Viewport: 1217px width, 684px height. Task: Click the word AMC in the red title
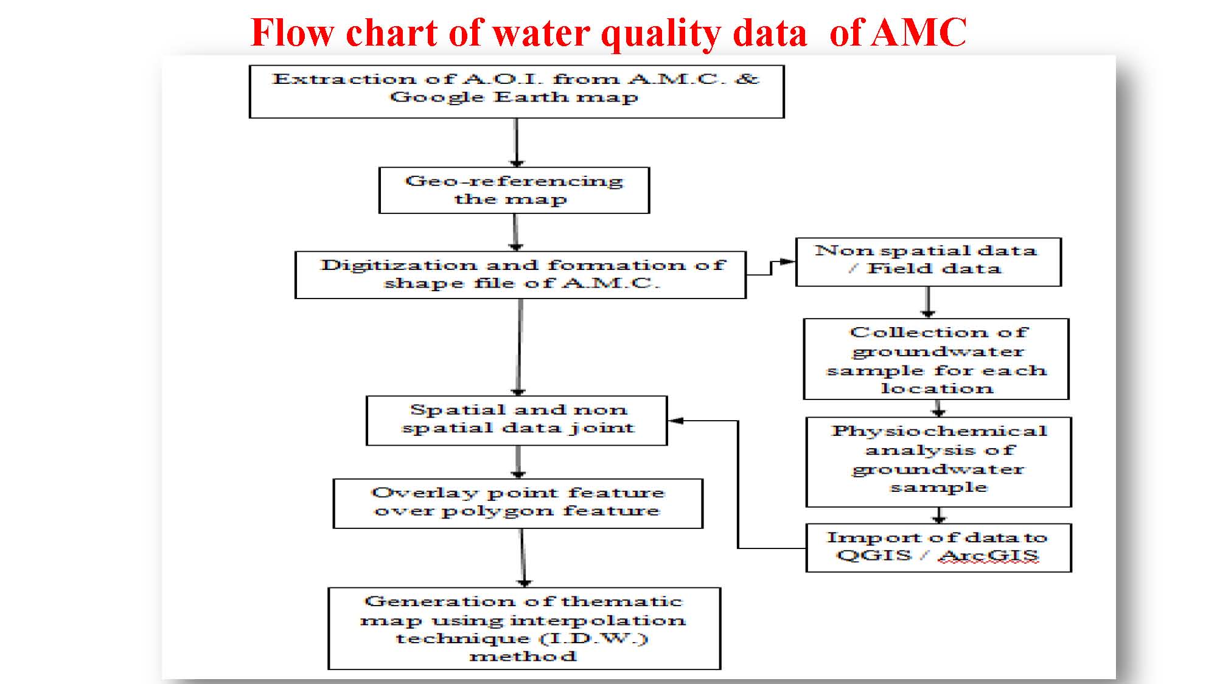(919, 32)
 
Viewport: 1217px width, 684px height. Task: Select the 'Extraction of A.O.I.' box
(517, 92)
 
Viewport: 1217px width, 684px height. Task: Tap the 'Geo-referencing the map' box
(514, 190)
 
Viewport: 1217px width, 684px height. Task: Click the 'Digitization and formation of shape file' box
(520, 275)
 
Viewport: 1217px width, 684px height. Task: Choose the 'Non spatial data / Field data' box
(929, 262)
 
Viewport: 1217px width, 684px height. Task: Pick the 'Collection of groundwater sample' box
(936, 359)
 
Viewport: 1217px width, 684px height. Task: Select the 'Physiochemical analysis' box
(938, 462)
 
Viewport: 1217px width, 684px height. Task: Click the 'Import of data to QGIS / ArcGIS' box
(938, 548)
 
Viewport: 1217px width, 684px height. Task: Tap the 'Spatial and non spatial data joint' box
(517, 421)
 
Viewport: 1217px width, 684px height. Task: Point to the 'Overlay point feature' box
(518, 504)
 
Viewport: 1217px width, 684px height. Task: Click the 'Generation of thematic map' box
(524, 629)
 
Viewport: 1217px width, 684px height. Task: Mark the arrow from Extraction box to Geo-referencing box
(517, 143)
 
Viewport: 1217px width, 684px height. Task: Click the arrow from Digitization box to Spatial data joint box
(520, 348)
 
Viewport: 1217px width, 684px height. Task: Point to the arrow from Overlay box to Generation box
(523, 558)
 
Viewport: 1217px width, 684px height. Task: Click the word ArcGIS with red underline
(988, 556)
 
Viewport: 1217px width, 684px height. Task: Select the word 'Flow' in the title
(292, 32)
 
